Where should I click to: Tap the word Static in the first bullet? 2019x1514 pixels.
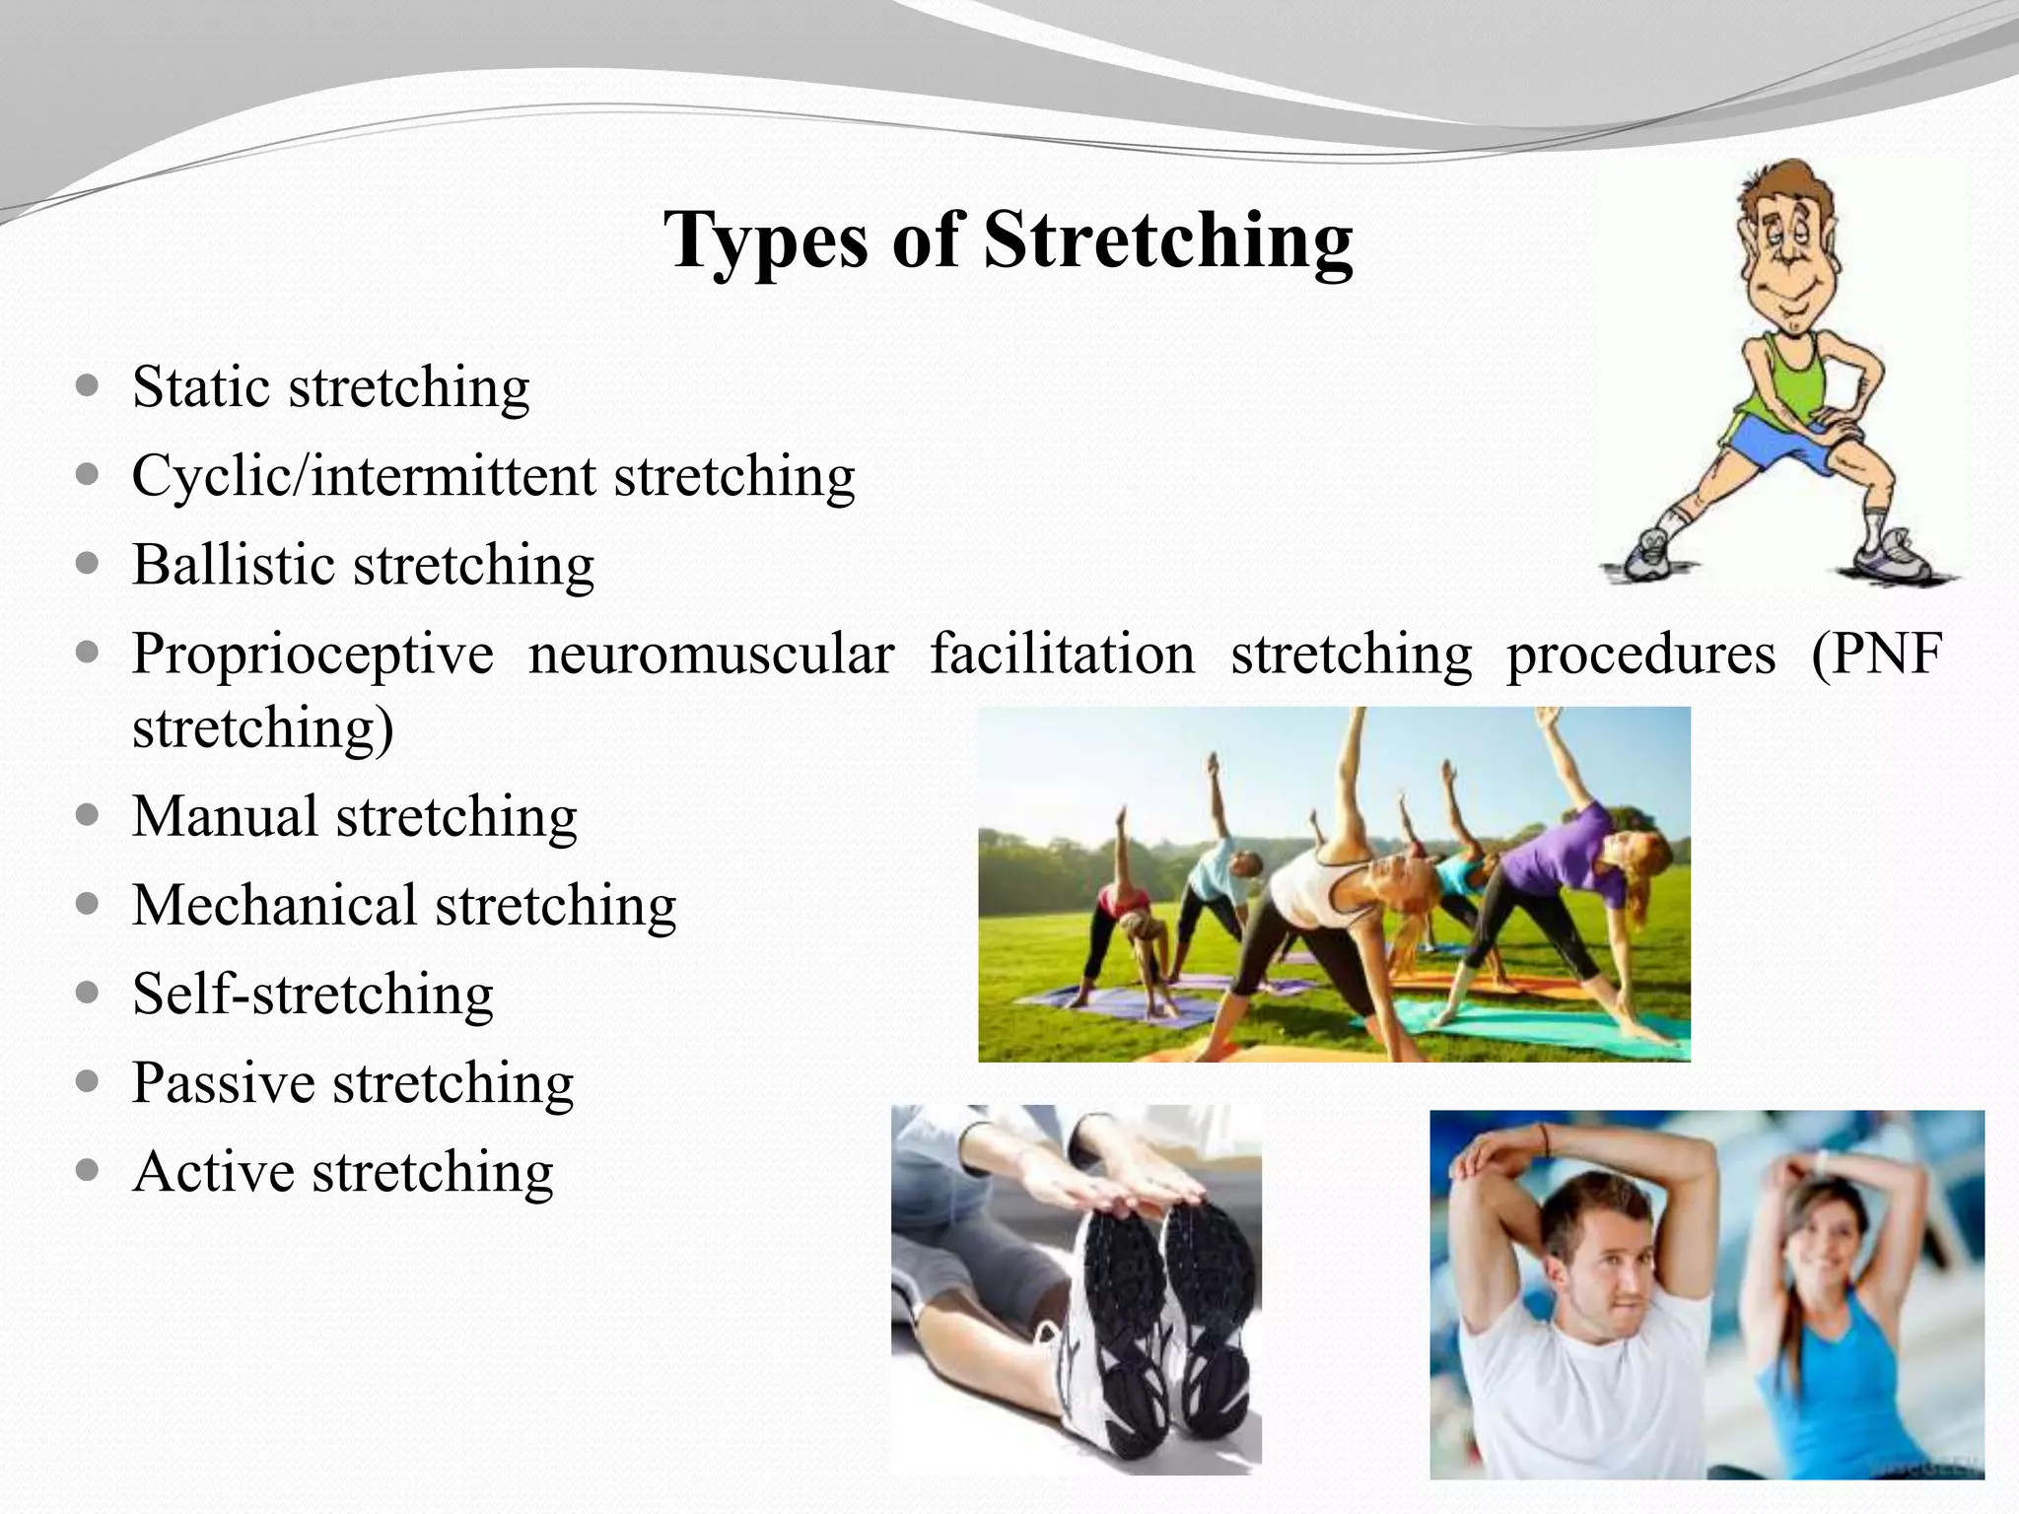tap(201, 386)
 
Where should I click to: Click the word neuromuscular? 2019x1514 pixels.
tap(711, 654)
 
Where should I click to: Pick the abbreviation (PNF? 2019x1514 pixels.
tap(1876, 654)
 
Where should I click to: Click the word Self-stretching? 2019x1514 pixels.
tap(313, 994)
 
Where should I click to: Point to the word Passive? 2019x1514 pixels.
tap(223, 1083)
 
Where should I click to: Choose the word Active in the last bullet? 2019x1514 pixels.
tap(213, 1172)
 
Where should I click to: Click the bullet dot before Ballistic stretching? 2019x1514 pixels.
tap(88, 565)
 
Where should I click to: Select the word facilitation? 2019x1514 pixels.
tap(1062, 654)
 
